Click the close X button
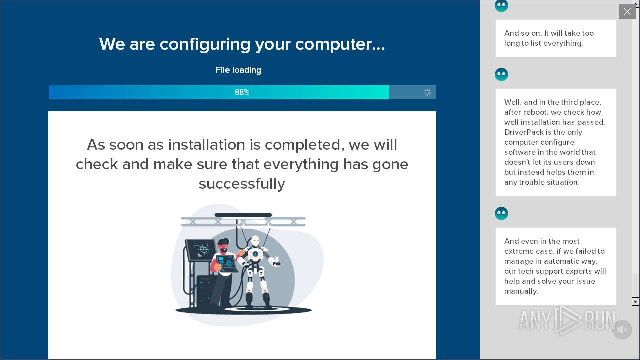click(627, 12)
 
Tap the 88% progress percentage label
click(242, 92)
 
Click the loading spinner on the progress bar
click(427, 92)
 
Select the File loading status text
click(238, 70)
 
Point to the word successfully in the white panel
click(242, 184)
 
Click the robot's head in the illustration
click(255, 240)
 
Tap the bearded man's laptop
click(227, 263)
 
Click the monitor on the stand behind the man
click(201, 250)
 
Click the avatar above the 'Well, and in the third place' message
click(501, 75)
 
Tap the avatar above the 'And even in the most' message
click(501, 213)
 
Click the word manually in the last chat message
click(521, 291)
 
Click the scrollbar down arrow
click(635, 301)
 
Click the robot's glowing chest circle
click(255, 254)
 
